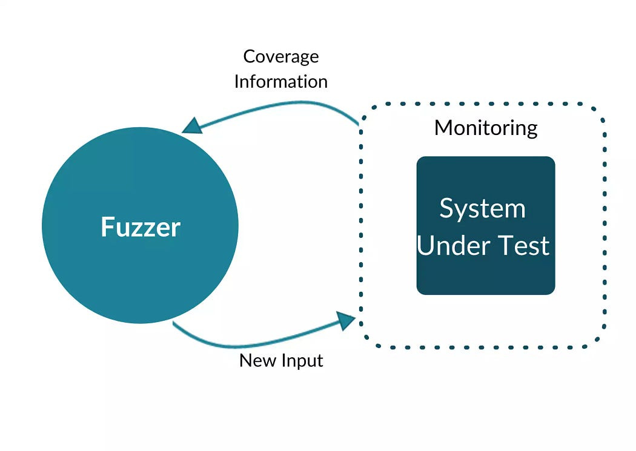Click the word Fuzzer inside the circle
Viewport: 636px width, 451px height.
[x=141, y=227]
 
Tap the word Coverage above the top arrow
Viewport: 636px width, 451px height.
[x=280, y=56]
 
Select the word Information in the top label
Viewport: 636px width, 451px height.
[x=280, y=81]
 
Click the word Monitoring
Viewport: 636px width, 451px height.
[x=486, y=128]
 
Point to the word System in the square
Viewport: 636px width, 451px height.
[x=482, y=208]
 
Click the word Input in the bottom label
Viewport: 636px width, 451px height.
[x=302, y=361]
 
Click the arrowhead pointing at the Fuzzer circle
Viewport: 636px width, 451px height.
[x=192, y=125]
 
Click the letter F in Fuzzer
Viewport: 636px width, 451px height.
[x=107, y=227]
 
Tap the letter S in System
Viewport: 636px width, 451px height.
[x=446, y=208]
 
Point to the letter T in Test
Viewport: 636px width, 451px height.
[x=505, y=246]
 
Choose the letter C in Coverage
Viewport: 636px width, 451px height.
[x=249, y=56]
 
